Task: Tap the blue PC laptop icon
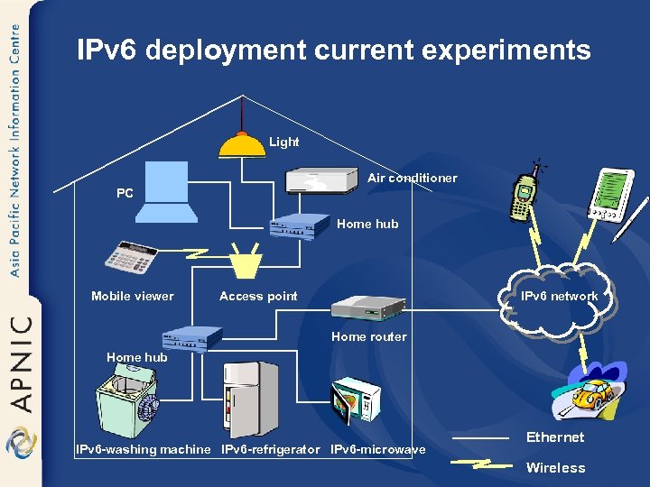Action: pos(168,191)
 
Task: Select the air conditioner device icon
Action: pos(322,179)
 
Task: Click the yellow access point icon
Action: pos(245,262)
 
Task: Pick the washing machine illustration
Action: pos(126,401)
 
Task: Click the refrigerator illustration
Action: pos(250,399)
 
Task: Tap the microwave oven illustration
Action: pos(356,400)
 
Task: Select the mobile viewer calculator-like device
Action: pos(132,257)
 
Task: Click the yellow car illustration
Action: pos(592,394)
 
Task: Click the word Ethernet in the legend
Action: pos(555,437)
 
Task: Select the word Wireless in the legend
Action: pos(555,468)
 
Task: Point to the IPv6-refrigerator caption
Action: pos(271,449)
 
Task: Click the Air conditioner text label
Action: pos(412,178)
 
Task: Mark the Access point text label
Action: pos(258,296)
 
